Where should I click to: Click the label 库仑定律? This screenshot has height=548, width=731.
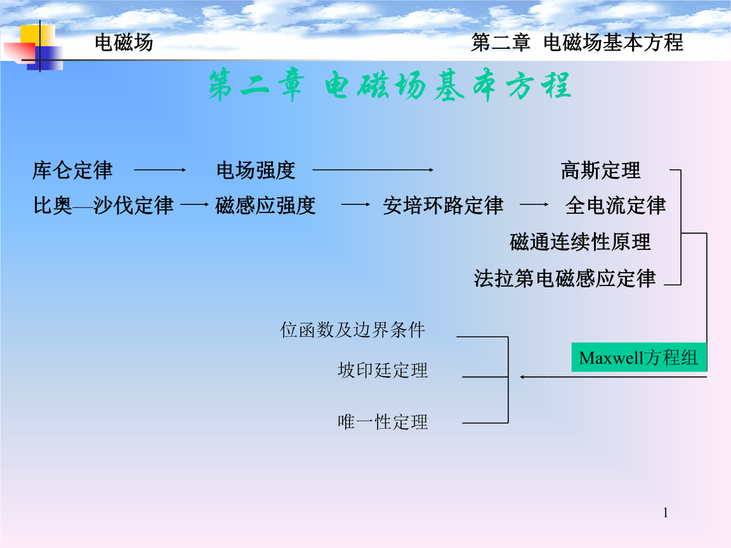[x=72, y=171]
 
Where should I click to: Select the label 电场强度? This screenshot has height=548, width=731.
[x=256, y=171]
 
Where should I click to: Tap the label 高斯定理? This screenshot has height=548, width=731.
[x=601, y=171]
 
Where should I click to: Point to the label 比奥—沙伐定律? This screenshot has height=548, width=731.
[x=103, y=205]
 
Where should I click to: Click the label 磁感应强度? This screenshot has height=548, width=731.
[x=266, y=205]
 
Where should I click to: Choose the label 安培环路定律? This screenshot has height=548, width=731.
[x=444, y=205]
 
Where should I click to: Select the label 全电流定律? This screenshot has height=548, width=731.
[x=616, y=205]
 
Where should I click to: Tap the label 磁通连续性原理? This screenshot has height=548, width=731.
[x=580, y=242]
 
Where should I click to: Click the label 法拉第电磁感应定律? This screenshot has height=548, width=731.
[x=565, y=278]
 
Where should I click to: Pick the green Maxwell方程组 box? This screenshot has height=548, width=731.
[x=639, y=358]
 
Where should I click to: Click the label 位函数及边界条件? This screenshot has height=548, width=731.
[x=352, y=330]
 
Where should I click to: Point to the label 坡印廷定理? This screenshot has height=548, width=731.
[x=383, y=370]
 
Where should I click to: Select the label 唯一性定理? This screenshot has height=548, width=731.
[x=383, y=422]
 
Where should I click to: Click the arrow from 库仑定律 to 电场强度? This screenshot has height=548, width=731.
[x=160, y=170]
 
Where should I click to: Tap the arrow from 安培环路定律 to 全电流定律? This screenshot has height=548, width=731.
[x=534, y=204]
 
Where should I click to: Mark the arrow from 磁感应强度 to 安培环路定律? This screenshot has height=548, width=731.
[x=356, y=204]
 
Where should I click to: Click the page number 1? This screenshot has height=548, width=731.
[x=666, y=512]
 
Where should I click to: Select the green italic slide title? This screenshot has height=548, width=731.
[x=390, y=85]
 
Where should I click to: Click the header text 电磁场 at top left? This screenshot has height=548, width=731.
[x=124, y=42]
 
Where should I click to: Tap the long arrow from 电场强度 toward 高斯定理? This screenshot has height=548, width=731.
[x=373, y=170]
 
